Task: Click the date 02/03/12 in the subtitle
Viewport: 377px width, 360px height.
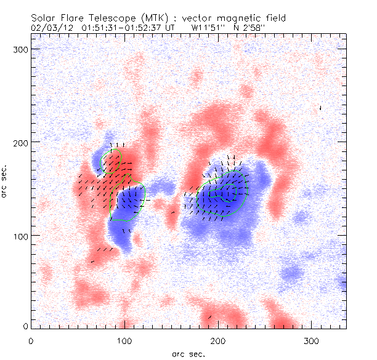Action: (50, 28)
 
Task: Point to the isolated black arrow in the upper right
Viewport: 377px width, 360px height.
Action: (320, 108)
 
